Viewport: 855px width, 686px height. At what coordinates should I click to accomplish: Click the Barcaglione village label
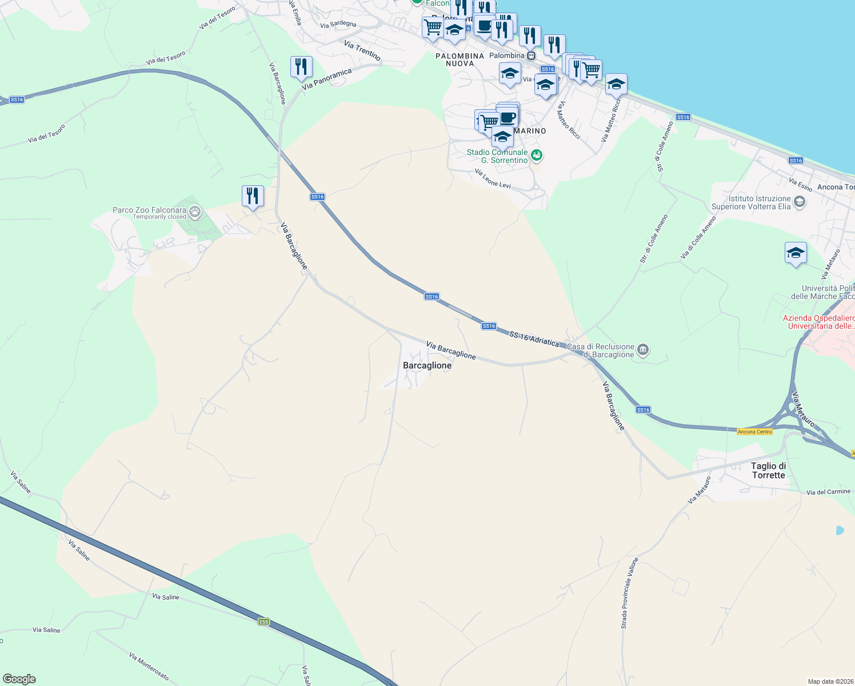427,365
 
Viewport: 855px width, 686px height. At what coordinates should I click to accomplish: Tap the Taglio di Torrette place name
768,470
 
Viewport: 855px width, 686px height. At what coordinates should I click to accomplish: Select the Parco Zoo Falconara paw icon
195,213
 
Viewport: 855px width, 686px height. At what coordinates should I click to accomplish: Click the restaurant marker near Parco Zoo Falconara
252,196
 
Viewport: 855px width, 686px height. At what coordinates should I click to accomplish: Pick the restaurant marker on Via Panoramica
301,67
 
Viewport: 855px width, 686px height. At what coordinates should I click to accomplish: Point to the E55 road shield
263,621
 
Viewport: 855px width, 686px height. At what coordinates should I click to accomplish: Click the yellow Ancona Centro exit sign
754,432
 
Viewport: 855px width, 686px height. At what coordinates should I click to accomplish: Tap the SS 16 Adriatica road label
534,338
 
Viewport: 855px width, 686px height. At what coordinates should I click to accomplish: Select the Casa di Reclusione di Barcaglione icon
643,350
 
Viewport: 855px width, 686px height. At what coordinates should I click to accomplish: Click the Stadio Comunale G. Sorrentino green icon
536,155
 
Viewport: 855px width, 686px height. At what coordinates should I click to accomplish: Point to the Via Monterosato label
149,666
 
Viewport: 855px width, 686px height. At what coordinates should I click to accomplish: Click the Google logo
19,679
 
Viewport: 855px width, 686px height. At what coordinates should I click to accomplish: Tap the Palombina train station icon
531,56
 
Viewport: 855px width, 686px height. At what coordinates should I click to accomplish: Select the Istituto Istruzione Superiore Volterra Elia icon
800,202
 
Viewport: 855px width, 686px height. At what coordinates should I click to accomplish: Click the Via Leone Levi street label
493,178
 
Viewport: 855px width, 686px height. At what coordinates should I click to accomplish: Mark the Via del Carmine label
828,492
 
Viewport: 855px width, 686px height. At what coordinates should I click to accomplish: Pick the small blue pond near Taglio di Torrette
840,531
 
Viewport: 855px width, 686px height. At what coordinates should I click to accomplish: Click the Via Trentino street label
362,50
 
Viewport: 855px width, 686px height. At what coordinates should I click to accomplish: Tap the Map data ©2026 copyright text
829,681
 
